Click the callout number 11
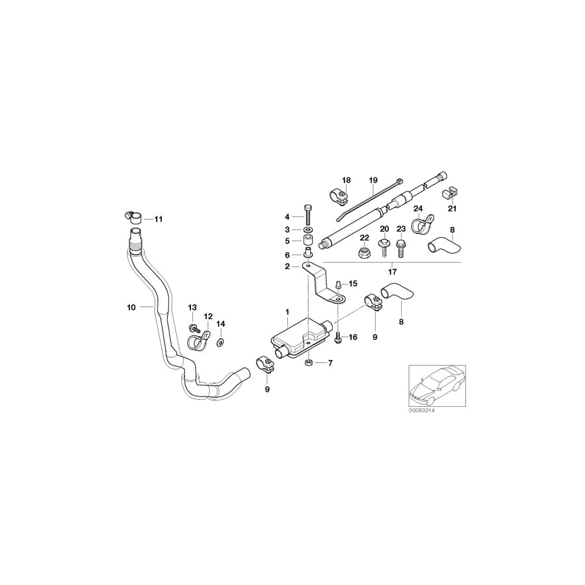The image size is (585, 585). pyautogui.click(x=159, y=219)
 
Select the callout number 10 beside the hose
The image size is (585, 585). pyautogui.click(x=131, y=307)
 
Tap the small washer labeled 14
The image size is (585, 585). pyautogui.click(x=220, y=341)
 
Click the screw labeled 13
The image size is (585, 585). pyautogui.click(x=194, y=329)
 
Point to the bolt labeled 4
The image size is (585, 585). pyautogui.click(x=308, y=214)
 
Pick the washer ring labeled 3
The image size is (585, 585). pyautogui.click(x=308, y=229)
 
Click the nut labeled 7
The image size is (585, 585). pyautogui.click(x=308, y=363)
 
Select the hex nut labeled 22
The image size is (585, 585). pyautogui.click(x=365, y=253)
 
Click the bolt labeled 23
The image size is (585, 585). pyautogui.click(x=400, y=248)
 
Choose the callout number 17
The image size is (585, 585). pyautogui.click(x=392, y=272)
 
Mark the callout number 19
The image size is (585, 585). pyautogui.click(x=374, y=180)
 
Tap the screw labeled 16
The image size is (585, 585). pyautogui.click(x=339, y=337)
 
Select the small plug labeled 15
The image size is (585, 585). pyautogui.click(x=339, y=285)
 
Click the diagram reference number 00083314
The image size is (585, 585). pyautogui.click(x=422, y=410)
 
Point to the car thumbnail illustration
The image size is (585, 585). pyautogui.click(x=437, y=385)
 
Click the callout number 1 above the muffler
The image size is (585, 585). pyautogui.click(x=287, y=311)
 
